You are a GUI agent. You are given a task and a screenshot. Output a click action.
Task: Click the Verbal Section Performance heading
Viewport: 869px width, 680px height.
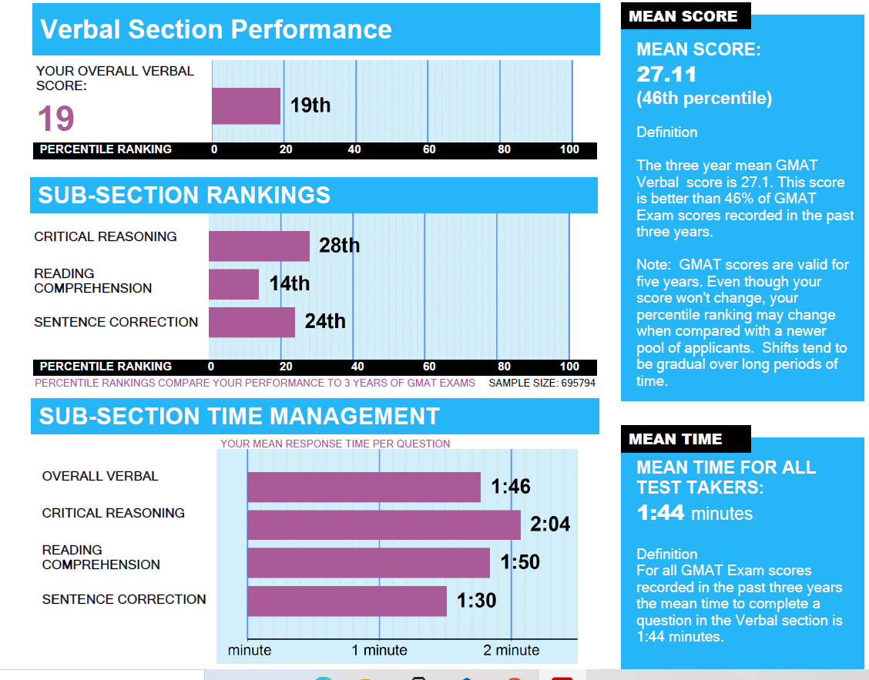pos(216,30)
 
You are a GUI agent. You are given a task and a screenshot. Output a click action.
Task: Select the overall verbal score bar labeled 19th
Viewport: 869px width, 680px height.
pos(246,106)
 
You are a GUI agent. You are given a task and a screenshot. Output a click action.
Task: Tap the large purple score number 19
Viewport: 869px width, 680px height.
pos(56,119)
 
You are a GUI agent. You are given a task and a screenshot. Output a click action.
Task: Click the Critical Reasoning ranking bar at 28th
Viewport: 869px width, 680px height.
pos(259,246)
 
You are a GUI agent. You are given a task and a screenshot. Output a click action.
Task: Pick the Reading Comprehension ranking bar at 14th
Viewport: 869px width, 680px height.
pos(233,283)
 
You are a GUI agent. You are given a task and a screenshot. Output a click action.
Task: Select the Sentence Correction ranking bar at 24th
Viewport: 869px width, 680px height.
pos(251,322)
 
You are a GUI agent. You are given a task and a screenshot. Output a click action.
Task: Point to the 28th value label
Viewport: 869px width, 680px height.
pos(340,246)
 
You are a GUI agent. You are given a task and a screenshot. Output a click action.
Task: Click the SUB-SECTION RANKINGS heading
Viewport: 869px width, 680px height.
pos(184,196)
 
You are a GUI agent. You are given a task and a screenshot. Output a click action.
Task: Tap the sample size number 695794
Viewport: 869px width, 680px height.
pos(569,383)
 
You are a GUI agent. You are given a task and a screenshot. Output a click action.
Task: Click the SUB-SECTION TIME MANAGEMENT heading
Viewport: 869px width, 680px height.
pos(239,417)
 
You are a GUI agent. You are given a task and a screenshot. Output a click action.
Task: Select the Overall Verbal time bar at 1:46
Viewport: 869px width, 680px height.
pos(364,487)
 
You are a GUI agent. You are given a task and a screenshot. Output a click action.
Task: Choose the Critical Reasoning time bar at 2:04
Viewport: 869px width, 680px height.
pos(384,524)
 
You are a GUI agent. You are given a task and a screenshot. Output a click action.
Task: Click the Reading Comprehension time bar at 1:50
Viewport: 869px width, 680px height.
pos(368,562)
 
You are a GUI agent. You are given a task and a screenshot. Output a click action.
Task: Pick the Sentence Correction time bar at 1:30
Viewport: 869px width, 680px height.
pos(347,601)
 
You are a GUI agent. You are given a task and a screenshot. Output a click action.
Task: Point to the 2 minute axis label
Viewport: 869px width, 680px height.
pos(511,650)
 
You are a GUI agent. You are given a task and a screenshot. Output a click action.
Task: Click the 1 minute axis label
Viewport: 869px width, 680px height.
pos(379,650)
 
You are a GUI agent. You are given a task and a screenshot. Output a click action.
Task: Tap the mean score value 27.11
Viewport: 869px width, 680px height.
pos(666,75)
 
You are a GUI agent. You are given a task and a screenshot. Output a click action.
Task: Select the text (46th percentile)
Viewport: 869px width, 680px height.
pos(704,99)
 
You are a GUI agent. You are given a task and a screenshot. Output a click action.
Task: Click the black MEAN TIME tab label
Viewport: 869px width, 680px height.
pos(676,440)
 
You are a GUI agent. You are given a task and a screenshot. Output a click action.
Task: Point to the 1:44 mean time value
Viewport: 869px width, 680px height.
pos(660,513)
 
